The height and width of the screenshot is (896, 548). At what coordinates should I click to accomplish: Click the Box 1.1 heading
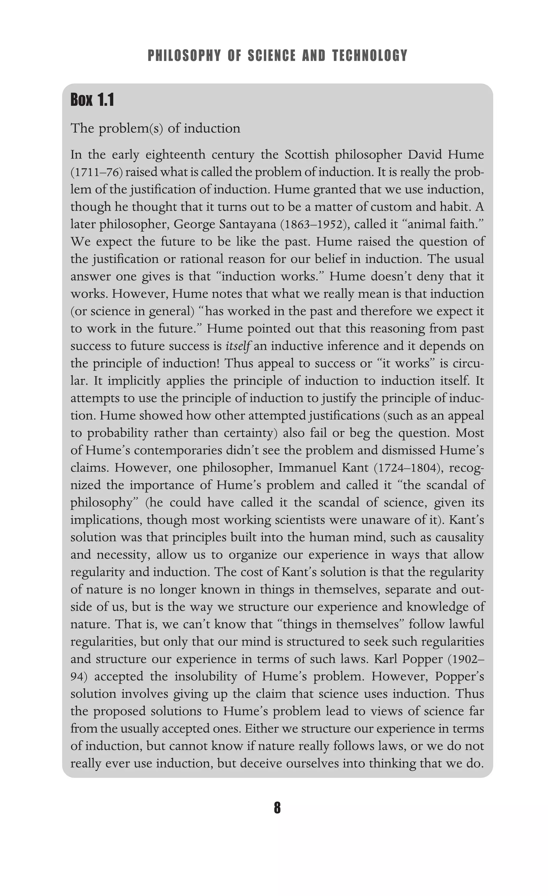[x=92, y=100]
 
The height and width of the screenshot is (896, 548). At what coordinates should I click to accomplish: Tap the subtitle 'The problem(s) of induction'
[x=155, y=128]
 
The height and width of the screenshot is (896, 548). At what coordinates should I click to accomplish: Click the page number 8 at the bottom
[x=277, y=808]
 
